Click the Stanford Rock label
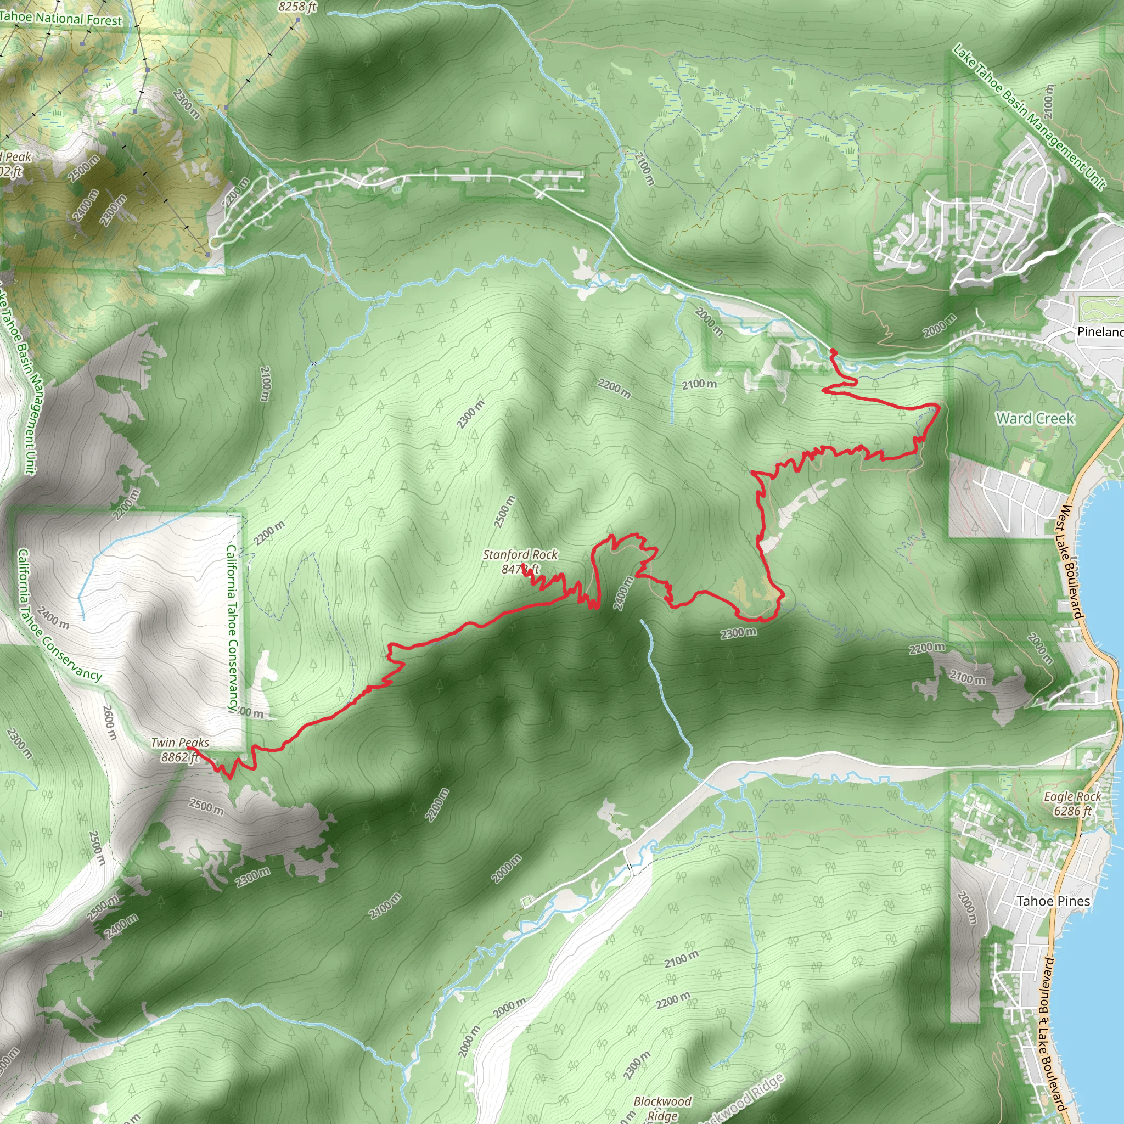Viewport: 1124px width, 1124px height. tap(520, 554)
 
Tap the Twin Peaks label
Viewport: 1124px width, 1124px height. tap(180, 743)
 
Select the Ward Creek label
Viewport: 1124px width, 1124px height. tap(1035, 418)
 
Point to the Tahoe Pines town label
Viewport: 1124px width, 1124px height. tap(1053, 901)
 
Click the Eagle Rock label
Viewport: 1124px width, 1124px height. tap(1072, 796)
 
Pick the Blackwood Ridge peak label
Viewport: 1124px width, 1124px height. tap(662, 1101)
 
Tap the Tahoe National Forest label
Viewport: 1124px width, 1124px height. tap(60, 19)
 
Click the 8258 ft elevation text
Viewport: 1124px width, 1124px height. tap(297, 7)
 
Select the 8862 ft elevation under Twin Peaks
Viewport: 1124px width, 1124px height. tap(180, 757)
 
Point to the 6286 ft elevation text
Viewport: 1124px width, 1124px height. tap(1072, 811)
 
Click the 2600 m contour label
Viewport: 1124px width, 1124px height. tap(110, 723)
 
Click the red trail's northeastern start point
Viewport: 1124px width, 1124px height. tap(833, 351)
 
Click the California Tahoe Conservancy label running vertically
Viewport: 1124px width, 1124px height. tap(232, 627)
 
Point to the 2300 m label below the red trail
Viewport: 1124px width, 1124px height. tap(738, 632)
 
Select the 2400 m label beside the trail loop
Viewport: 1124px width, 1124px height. tap(621, 593)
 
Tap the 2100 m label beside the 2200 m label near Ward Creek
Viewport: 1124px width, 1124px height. tap(699, 384)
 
